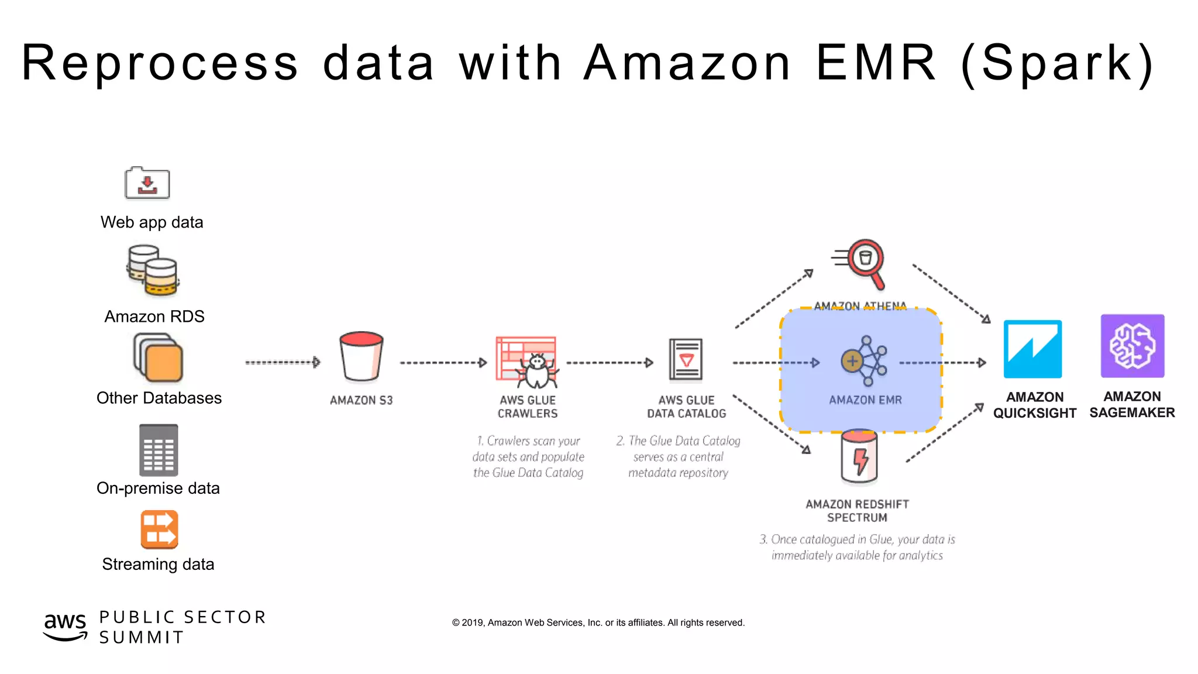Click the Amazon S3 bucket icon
(x=361, y=356)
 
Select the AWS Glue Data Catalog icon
(x=686, y=359)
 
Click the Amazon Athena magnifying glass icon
(x=862, y=263)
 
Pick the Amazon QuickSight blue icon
(x=1032, y=349)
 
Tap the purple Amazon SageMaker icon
(x=1132, y=346)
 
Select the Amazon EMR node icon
(x=864, y=360)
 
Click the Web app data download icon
(x=147, y=184)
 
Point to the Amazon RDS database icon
(x=153, y=271)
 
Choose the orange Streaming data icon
(x=159, y=529)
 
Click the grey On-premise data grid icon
(x=159, y=451)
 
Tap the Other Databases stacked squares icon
(x=158, y=357)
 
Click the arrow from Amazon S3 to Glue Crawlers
(x=443, y=363)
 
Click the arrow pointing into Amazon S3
(x=283, y=363)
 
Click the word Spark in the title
(x=1057, y=63)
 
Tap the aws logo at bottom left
(x=65, y=627)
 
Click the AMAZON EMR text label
(x=865, y=400)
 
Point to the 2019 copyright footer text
(x=598, y=623)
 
